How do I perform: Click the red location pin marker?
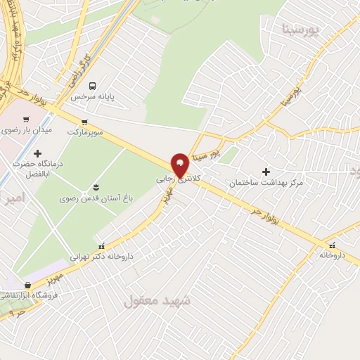[181, 165]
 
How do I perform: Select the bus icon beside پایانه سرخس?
[91, 86]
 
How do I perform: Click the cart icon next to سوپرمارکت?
[85, 121]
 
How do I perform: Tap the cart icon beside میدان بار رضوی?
[26, 119]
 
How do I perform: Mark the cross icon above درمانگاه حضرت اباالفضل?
[38, 153]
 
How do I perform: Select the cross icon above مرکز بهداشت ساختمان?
[266, 172]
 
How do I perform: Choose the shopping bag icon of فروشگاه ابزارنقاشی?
[27, 285]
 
